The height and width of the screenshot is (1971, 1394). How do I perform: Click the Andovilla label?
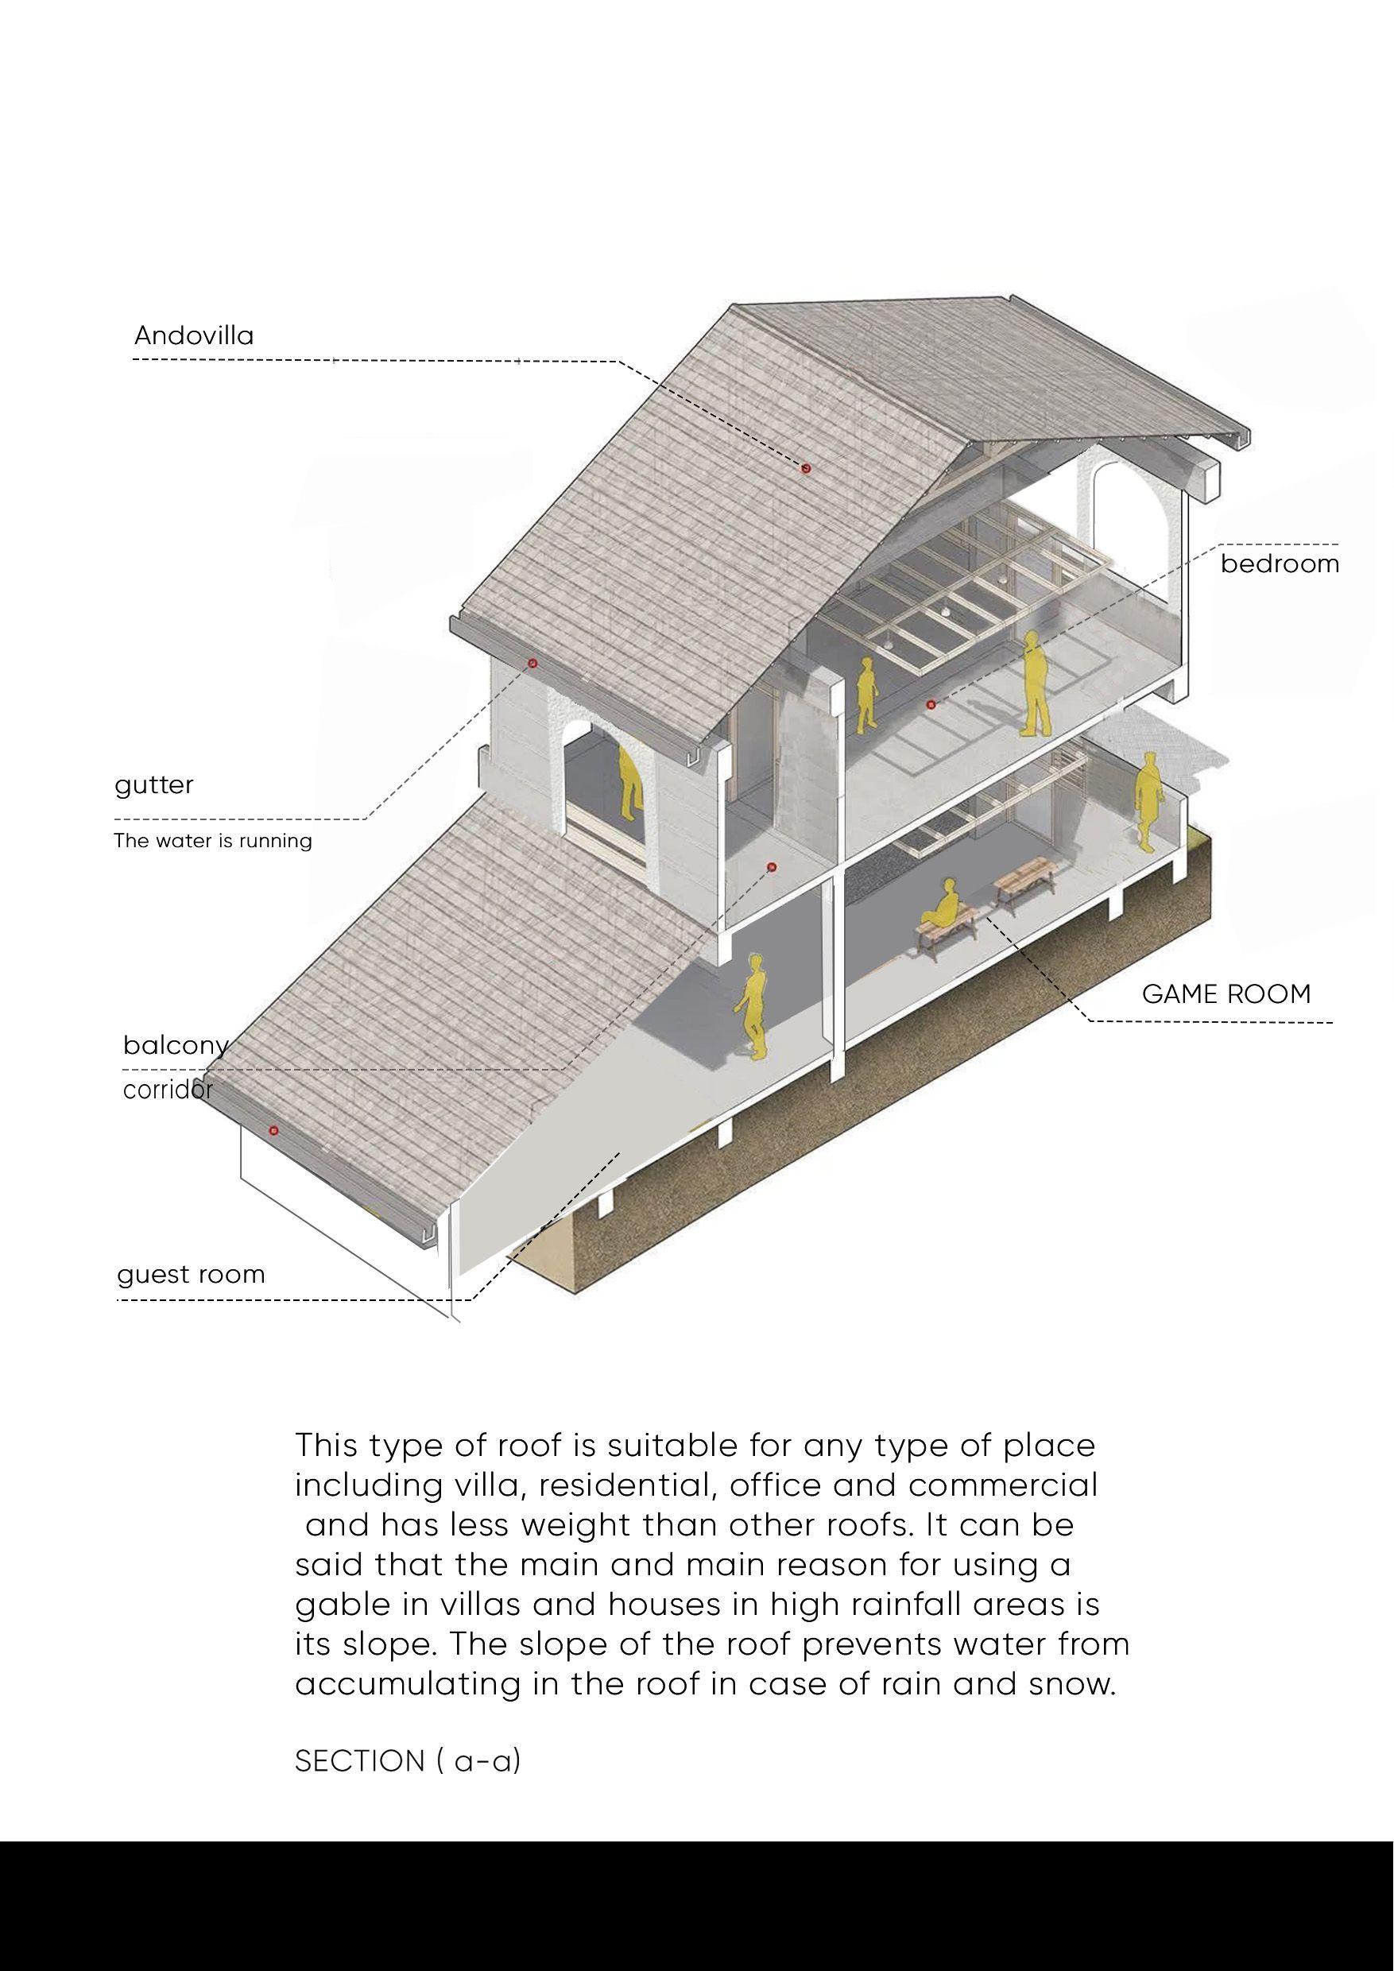194,335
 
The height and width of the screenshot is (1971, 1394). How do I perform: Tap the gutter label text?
154,784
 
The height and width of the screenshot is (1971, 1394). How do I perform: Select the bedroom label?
1279,564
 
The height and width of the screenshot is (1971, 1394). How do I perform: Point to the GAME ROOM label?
1226,994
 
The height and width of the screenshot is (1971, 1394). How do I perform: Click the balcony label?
175,1046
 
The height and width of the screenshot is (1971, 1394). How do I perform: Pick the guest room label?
191,1274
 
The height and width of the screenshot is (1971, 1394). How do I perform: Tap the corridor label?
168,1090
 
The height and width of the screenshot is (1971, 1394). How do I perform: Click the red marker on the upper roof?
806,468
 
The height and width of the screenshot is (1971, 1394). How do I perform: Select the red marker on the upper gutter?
532,663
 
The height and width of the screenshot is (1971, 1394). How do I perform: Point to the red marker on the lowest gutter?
275,1131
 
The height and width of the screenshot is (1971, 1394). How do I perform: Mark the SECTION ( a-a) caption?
408,1761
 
